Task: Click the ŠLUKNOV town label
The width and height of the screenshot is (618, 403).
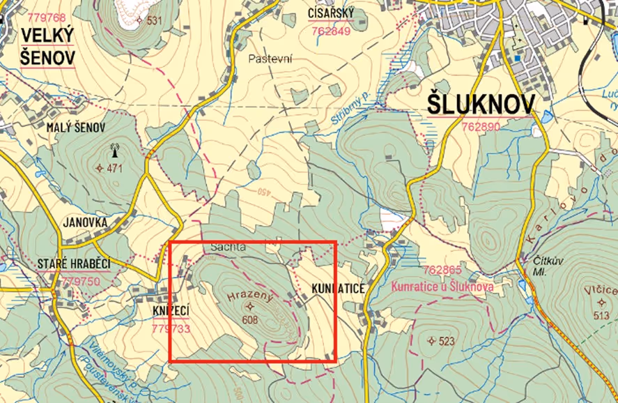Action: [x=481, y=106]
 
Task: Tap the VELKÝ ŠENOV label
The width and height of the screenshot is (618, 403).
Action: [x=47, y=46]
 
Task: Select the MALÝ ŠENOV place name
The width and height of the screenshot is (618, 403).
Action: [x=75, y=128]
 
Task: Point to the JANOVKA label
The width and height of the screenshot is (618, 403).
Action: [x=85, y=223]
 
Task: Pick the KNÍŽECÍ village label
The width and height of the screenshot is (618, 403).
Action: [x=171, y=310]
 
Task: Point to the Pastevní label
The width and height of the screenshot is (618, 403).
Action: [x=270, y=59]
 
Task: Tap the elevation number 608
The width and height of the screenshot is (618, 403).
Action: [x=251, y=320]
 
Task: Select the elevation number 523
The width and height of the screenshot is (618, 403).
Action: [x=446, y=341]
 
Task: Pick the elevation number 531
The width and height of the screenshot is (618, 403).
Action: [x=153, y=20]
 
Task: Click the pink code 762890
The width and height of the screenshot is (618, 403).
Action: [x=481, y=127]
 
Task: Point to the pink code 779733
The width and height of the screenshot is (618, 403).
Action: [x=171, y=328]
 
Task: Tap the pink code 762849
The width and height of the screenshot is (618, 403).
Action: [x=331, y=31]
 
